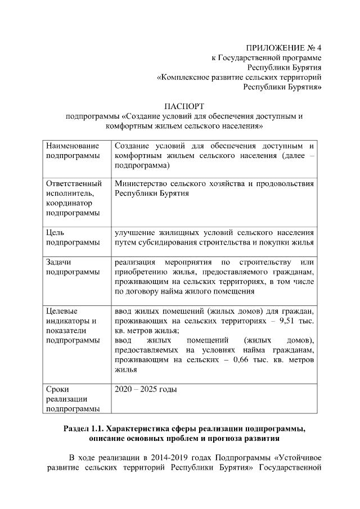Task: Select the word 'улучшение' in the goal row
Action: click(134, 232)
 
